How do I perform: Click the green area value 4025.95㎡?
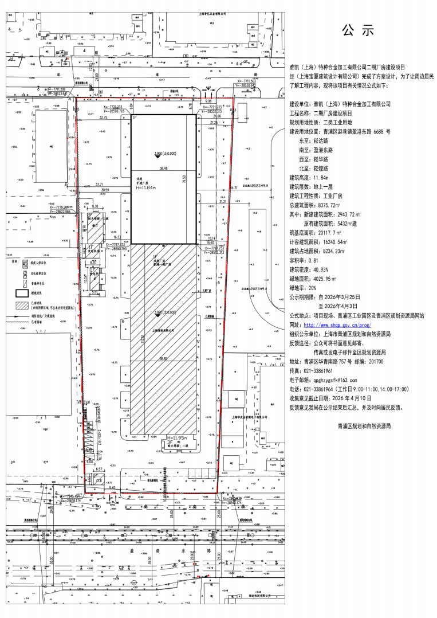[324, 279]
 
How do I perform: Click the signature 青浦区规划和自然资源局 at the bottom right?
[364, 427]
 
